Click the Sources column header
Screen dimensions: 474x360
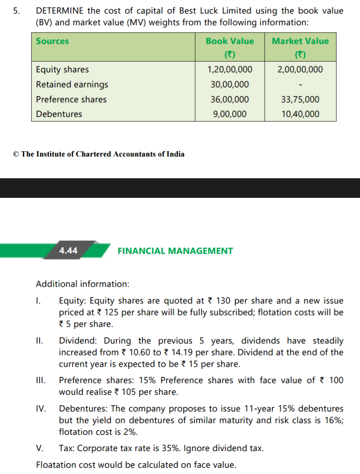52,41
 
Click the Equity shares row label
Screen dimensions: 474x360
62,70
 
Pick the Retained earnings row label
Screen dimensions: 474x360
72,85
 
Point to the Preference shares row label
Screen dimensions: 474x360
71,100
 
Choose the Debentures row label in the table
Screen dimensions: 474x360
59,114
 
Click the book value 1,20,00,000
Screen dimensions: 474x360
230,70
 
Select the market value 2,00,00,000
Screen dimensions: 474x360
300,70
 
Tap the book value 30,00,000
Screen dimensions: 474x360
230,85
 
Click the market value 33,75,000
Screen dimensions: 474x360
300,100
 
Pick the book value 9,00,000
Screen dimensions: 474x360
230,114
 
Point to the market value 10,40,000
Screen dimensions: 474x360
300,114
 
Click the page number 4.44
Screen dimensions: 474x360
68,250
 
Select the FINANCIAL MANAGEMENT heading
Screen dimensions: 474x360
175,251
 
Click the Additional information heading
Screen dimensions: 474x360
83,284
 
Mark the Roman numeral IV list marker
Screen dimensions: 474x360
40,409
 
